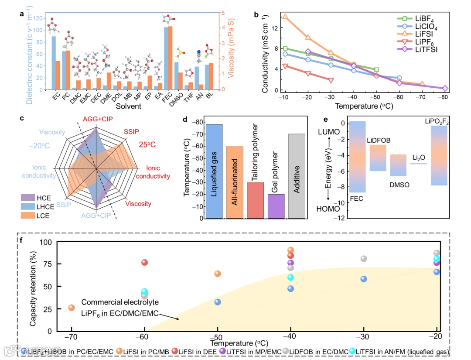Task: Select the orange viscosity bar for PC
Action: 68,64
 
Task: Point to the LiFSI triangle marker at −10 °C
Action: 285,17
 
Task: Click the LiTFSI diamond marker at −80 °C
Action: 445,89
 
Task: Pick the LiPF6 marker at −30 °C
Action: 331,81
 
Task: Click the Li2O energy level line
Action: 418,163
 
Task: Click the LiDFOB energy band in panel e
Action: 378,158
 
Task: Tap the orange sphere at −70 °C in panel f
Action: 72,308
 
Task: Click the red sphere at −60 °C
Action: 144,262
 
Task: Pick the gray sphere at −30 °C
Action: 364,259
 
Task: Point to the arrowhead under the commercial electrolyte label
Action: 179,319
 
